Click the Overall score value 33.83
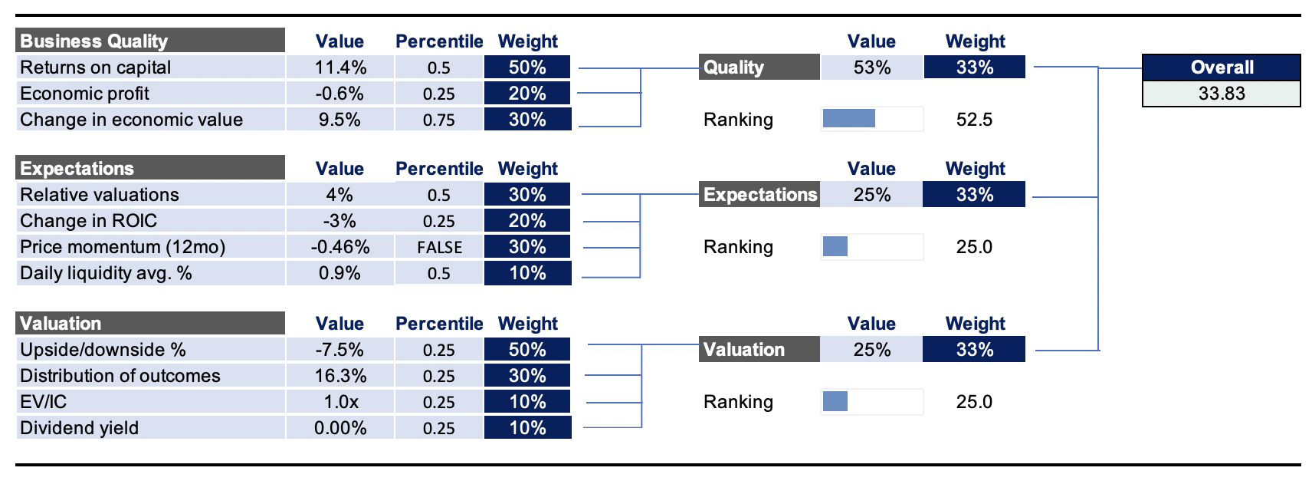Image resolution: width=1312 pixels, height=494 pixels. point(1221,94)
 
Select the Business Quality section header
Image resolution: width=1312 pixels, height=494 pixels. point(150,41)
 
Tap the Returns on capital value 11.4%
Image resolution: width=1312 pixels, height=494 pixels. point(340,68)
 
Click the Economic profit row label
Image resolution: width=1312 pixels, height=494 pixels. point(85,94)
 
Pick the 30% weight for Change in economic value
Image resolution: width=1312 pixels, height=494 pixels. point(527,120)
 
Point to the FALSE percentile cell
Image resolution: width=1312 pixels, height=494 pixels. point(439,247)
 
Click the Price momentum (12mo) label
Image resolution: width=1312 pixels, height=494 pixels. point(123,247)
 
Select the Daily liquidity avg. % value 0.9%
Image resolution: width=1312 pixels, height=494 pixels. point(339,273)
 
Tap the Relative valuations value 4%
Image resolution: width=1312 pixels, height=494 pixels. point(339,195)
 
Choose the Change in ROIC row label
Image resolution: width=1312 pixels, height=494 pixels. point(88,221)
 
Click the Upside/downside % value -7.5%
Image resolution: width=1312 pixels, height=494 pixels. point(339,350)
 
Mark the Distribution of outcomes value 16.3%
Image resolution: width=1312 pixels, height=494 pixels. point(340,376)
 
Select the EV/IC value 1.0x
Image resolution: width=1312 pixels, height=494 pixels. point(339,402)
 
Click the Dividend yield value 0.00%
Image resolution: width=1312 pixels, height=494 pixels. point(340,428)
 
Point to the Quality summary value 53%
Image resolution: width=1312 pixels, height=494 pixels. point(872,68)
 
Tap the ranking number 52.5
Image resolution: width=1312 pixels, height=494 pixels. point(974,120)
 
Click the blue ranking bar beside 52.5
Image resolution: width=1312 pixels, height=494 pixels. point(849,119)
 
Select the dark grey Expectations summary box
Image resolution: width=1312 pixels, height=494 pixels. point(759,195)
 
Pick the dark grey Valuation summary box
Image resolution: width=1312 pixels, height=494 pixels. point(759,350)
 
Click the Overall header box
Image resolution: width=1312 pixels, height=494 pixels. point(1221,68)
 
